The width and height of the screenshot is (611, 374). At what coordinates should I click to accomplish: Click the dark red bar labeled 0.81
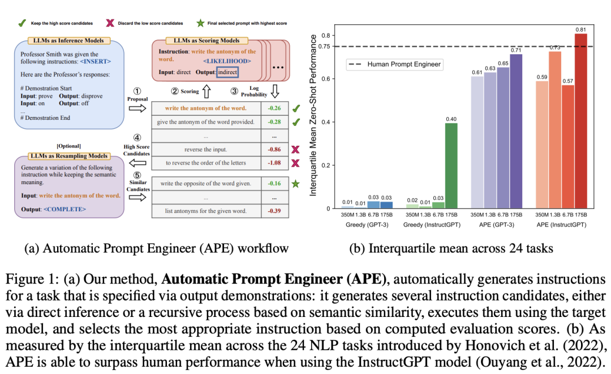(581, 121)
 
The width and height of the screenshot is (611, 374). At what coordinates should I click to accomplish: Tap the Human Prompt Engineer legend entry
(396, 64)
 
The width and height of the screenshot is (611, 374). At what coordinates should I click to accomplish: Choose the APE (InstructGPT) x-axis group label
(561, 225)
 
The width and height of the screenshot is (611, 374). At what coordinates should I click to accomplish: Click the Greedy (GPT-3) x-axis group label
(359, 225)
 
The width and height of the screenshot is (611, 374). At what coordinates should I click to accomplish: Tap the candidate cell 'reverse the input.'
(205, 149)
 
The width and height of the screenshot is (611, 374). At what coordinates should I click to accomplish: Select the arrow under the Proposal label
(137, 108)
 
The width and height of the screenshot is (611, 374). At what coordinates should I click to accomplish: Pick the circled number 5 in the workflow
(137, 175)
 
